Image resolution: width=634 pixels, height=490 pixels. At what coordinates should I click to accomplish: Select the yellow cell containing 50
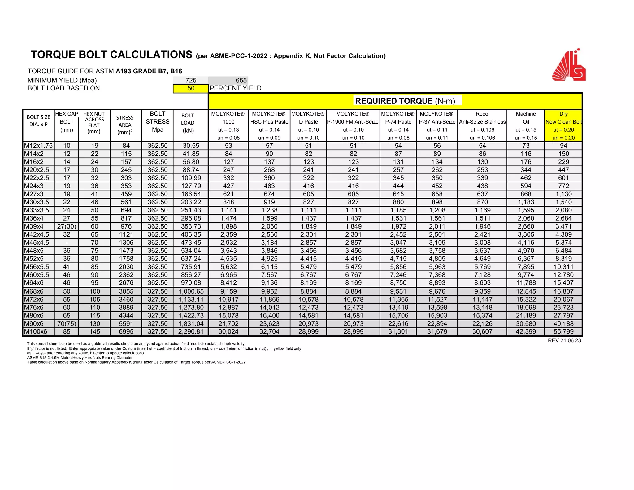click(191, 88)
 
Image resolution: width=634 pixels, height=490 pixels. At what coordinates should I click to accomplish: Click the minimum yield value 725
click(191, 80)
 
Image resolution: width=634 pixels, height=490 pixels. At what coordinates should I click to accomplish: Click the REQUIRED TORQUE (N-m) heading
click(405, 101)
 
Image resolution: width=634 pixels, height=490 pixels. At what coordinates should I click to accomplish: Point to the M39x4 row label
click(34, 226)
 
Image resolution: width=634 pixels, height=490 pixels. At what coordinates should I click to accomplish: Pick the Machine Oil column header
click(526, 118)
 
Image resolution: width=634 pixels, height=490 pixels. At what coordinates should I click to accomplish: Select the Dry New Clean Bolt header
click(563, 118)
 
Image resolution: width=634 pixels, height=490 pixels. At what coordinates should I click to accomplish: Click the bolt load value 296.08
click(191, 218)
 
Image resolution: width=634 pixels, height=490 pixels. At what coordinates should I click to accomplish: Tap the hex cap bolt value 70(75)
click(67, 324)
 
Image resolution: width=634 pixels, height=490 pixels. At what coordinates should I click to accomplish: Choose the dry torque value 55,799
click(563, 332)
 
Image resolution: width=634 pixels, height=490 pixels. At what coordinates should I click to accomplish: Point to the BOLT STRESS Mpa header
click(158, 122)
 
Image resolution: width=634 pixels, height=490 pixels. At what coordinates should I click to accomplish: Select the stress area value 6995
click(126, 332)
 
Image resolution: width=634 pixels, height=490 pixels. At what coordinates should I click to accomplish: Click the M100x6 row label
click(36, 332)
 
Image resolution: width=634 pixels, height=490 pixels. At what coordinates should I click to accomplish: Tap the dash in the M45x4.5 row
click(67, 243)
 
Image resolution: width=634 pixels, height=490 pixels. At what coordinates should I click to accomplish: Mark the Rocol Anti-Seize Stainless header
click(482, 118)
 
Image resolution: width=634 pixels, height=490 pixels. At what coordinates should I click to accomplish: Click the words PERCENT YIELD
click(235, 88)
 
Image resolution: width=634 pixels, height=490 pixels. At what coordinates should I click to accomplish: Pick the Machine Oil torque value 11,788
click(526, 283)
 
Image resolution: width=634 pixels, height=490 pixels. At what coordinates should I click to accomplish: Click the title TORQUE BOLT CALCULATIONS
click(111, 55)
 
